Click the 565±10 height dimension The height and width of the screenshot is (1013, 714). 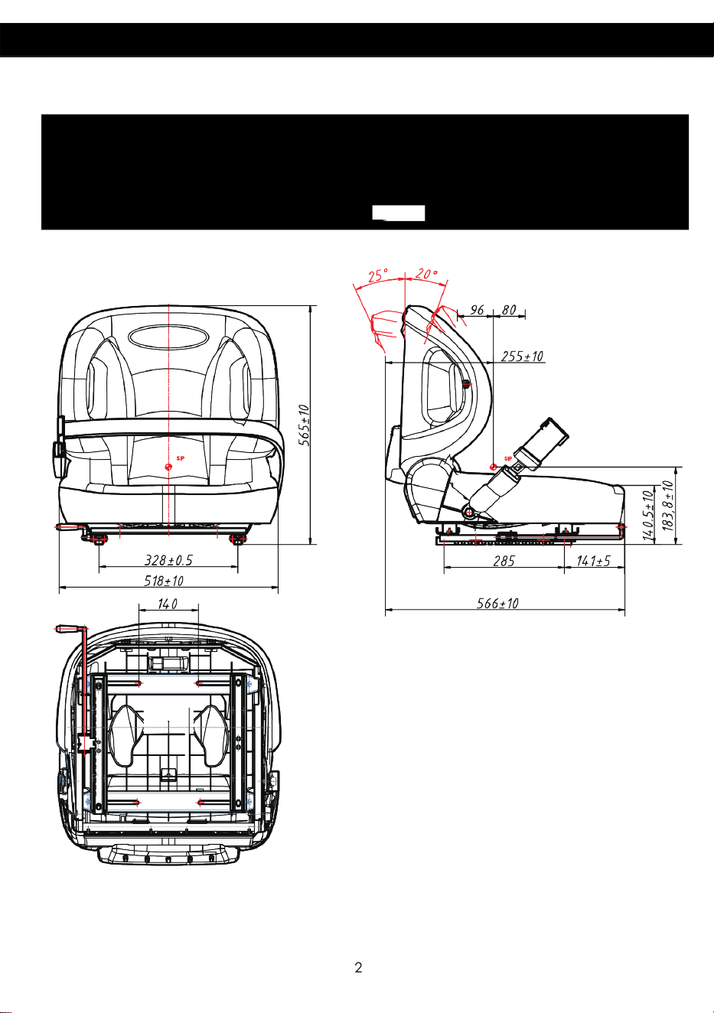[305, 425]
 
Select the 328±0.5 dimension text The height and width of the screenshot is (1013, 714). [168, 560]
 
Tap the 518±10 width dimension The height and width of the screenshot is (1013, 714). [164, 581]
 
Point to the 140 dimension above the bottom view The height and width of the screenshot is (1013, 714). [168, 604]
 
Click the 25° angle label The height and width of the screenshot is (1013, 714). [378, 275]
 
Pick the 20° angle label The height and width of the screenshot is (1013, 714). [426, 274]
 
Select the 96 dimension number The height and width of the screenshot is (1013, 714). [477, 310]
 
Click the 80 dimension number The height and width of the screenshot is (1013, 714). [509, 310]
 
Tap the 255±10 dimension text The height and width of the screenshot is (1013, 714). [522, 357]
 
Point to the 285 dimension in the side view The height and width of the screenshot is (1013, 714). [504, 562]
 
